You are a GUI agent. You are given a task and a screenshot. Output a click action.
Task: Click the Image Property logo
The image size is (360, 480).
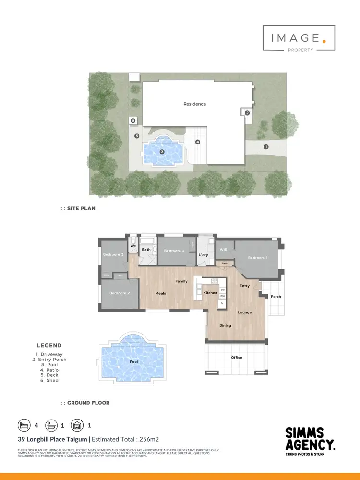299,38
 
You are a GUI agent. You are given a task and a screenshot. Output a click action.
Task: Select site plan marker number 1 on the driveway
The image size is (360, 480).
266,147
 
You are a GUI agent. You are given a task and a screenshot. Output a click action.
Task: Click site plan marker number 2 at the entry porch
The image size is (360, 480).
247,113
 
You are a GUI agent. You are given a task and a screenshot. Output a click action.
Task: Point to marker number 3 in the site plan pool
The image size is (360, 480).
162,152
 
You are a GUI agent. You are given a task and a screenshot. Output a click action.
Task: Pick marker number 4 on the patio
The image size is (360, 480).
197,142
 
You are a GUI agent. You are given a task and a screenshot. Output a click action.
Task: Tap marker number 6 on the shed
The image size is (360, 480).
133,121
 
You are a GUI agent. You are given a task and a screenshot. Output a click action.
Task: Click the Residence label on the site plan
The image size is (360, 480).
194,104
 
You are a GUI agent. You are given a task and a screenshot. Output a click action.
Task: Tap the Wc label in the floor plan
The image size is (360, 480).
133,246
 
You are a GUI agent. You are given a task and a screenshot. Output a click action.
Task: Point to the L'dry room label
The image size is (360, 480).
204,255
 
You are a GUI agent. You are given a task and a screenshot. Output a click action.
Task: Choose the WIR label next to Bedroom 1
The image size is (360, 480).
223,250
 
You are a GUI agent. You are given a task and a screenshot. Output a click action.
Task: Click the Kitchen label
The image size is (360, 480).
210,292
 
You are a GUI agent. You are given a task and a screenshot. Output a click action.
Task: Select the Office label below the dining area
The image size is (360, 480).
237,357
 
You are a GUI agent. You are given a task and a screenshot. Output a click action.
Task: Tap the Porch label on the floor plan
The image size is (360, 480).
276,297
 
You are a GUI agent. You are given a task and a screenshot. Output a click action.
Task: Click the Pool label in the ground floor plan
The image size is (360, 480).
134,362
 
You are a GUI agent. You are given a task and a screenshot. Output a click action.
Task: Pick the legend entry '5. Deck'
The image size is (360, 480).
49,375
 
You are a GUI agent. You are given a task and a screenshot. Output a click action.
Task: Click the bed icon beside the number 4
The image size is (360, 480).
24,425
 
